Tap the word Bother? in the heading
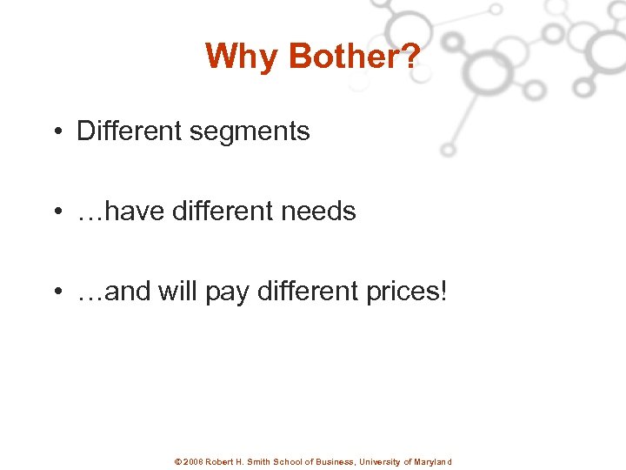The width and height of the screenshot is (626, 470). click(x=354, y=57)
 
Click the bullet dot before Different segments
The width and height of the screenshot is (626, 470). click(x=56, y=131)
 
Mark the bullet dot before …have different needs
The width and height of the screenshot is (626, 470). click(x=56, y=211)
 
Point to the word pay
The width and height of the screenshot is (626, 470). click(x=227, y=292)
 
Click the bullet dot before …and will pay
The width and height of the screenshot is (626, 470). click(x=56, y=292)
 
